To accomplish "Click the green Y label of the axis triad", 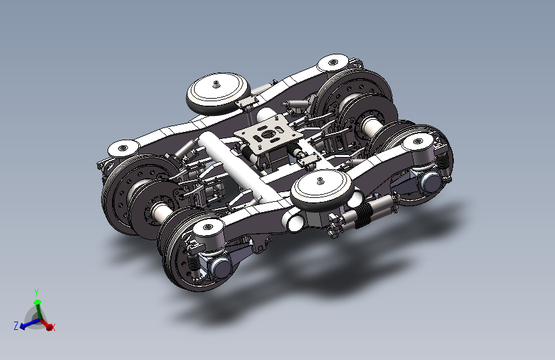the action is pyautogui.click(x=36, y=293).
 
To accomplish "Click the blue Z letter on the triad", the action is pyautogui.click(x=16, y=325).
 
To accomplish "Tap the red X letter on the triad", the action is pyautogui.click(x=53, y=328).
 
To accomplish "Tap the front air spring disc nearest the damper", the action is pyautogui.click(x=321, y=190).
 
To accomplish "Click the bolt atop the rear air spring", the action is pyautogui.click(x=216, y=85).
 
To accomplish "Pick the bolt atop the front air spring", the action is pyautogui.click(x=320, y=181).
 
